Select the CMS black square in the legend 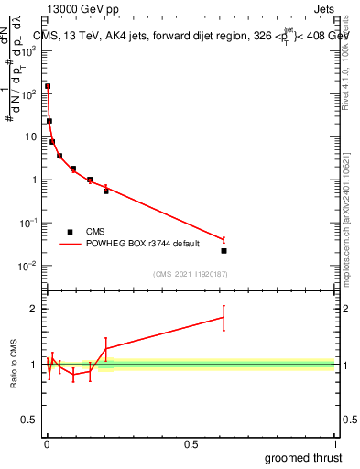point(69,232)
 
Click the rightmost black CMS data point point(224,250)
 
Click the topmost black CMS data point point(48,86)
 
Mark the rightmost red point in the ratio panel point(224,318)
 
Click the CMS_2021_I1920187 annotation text point(190,274)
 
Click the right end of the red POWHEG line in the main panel point(224,239)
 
